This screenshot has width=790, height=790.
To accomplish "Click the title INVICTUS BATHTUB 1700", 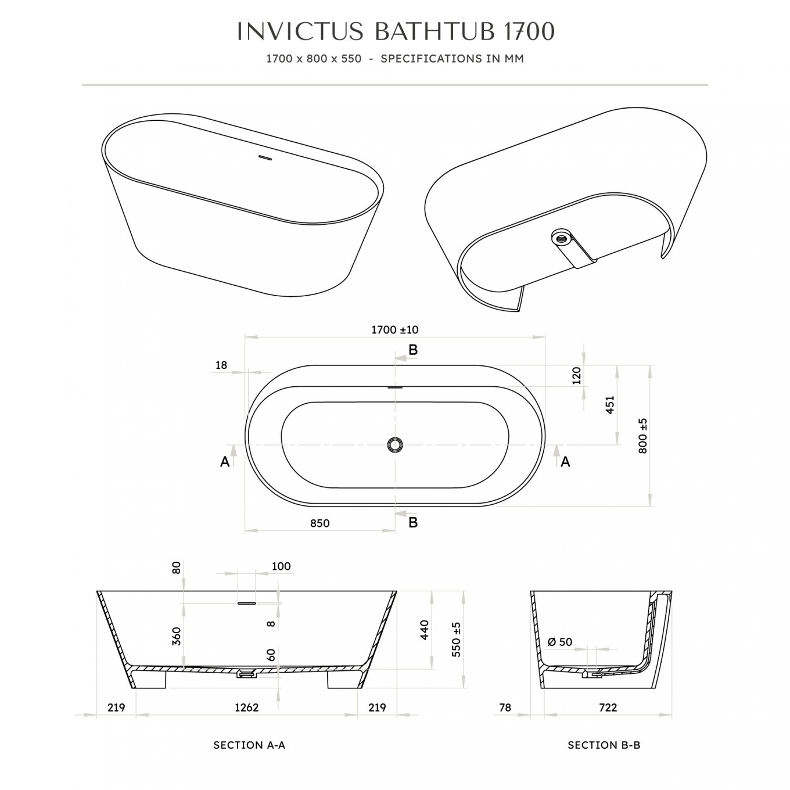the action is [x=396, y=31].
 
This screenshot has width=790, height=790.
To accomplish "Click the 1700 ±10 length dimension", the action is [x=395, y=329].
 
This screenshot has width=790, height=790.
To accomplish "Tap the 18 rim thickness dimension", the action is [x=221, y=365].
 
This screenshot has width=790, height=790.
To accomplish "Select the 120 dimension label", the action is [x=576, y=375].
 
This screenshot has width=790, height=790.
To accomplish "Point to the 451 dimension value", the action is [x=610, y=405].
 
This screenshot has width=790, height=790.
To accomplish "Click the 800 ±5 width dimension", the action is [x=642, y=436].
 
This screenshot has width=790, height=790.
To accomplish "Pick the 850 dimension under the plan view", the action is [x=319, y=523].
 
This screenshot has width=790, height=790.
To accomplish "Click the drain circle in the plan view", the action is [x=395, y=445].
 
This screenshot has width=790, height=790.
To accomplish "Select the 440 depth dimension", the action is [x=424, y=630].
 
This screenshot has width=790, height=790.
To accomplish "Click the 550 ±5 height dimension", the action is [x=456, y=640].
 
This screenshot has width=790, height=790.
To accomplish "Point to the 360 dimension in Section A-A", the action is [x=176, y=636].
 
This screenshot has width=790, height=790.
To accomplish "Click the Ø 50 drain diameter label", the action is [x=560, y=642].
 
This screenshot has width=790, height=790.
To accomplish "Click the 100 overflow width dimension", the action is [x=281, y=566].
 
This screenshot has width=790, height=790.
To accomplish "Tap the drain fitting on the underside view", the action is [x=559, y=237].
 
